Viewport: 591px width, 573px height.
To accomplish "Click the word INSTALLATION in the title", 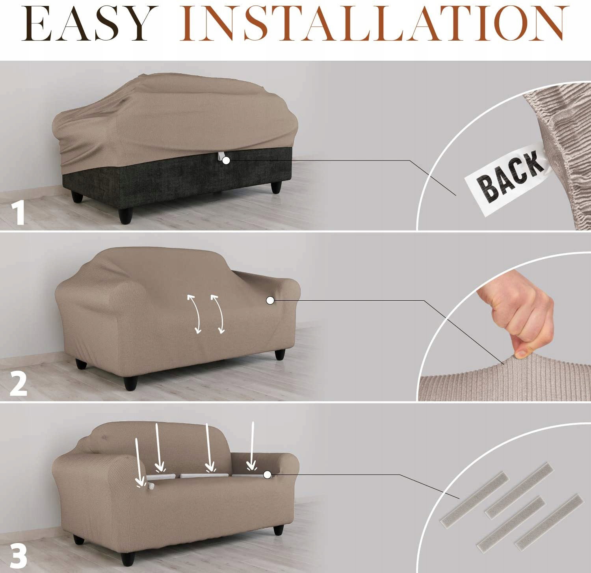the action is point(374,24).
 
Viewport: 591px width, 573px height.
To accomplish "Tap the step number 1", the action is point(18,213).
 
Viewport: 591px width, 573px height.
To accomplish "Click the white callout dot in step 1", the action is point(226,160).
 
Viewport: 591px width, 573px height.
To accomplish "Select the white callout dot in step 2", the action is point(270,300).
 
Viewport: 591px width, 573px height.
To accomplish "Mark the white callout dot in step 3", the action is point(267,475).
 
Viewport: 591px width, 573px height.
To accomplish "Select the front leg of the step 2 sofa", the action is point(130,383).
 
